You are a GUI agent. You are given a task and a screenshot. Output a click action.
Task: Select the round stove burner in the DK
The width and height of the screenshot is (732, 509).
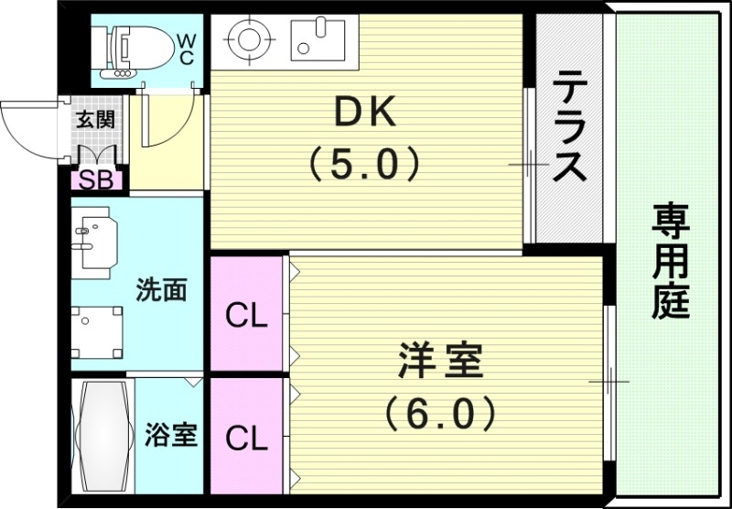(x=245, y=39)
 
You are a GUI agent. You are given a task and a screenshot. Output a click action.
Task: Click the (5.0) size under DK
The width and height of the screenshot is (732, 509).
(x=363, y=165)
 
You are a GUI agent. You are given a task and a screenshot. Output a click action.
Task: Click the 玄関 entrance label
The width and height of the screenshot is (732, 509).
(x=94, y=120)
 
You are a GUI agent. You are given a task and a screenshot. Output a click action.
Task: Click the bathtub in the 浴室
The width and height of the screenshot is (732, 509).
(x=102, y=437)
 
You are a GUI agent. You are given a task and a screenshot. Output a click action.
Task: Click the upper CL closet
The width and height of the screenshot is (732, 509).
(x=246, y=316)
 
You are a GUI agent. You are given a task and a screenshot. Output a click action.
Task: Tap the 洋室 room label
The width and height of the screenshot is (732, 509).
(x=440, y=360)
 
